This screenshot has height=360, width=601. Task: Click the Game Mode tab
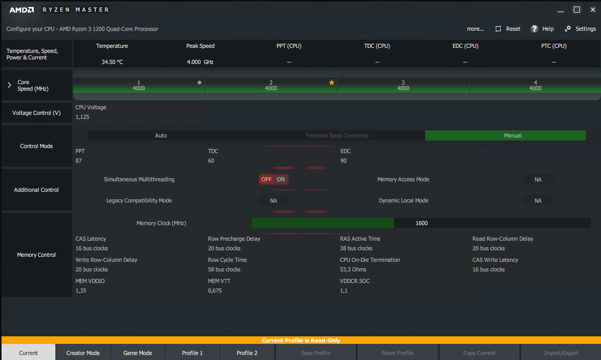coord(138,353)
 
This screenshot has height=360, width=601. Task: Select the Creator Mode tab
coord(83,353)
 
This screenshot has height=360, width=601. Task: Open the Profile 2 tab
coord(247,353)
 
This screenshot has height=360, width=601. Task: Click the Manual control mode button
coord(505,135)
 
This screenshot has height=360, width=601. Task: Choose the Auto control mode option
coord(161,135)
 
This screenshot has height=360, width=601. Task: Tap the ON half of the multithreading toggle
coord(281,179)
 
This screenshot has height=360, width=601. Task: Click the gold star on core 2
coord(331,83)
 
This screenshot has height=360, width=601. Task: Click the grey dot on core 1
coord(199,83)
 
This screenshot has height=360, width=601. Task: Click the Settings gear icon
coord(568,29)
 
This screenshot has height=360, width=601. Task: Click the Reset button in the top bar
coord(508,29)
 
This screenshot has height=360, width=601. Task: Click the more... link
coord(476,29)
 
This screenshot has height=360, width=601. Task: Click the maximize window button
coord(577,10)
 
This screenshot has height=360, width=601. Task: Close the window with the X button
coord(592,10)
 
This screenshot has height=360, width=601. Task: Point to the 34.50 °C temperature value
coord(112,62)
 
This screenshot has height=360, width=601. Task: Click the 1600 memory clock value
coord(422,223)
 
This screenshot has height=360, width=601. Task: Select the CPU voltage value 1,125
coord(83,117)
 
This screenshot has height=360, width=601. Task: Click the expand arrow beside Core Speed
coord(9,85)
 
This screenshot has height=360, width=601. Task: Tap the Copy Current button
coord(479,353)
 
